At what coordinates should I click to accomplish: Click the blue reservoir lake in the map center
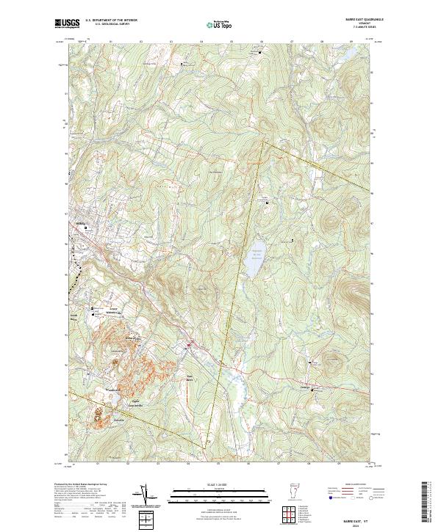pos(252,259)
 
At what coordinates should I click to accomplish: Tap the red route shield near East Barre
pos(188,344)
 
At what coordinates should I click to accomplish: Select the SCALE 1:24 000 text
pos(220,484)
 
